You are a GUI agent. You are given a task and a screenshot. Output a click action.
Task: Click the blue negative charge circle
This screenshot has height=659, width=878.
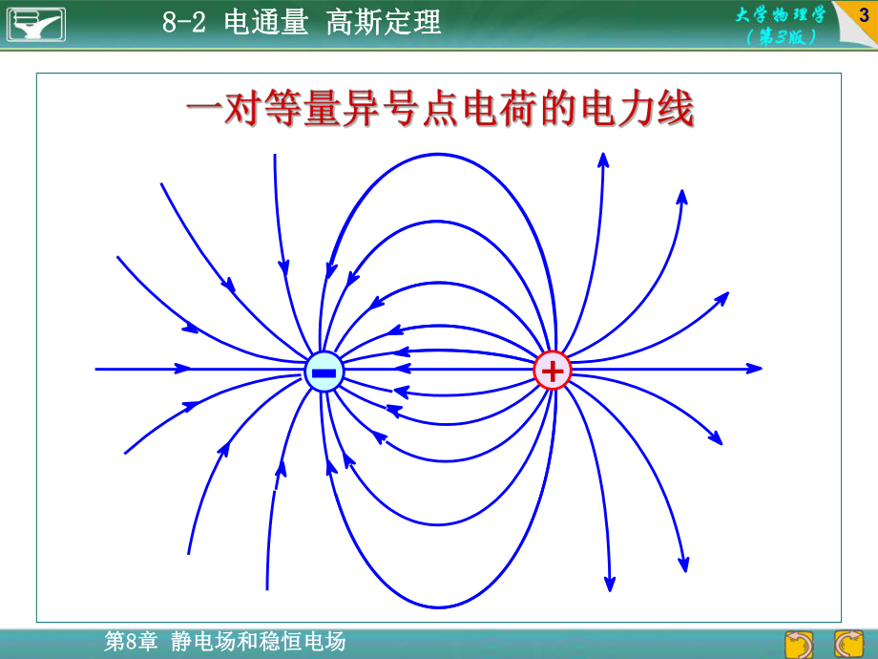(324, 371)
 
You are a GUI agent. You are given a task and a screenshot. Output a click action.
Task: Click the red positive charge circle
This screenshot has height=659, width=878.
(552, 370)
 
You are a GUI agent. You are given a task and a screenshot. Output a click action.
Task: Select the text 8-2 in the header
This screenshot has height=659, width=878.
(184, 23)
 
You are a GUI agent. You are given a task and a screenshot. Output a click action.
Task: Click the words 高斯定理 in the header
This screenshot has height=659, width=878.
(384, 23)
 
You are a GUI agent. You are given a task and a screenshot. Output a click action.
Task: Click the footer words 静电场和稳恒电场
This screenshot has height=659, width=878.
(259, 642)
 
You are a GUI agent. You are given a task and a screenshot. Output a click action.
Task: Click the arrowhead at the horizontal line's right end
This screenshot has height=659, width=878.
(755, 368)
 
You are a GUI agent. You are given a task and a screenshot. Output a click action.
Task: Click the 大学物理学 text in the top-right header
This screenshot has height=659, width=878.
(780, 15)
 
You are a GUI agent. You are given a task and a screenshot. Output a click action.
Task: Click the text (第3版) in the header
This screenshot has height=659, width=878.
(781, 36)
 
